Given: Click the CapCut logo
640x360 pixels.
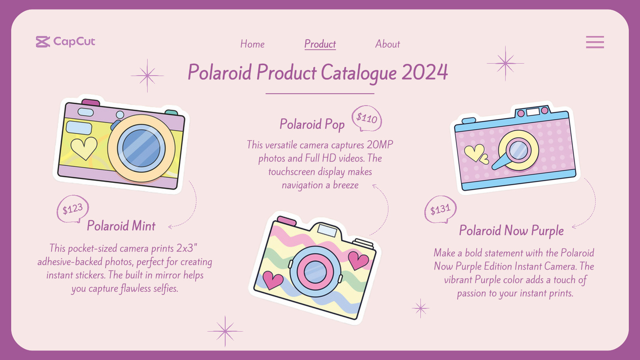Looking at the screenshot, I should (66, 42).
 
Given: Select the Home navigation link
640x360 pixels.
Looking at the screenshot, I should (252, 44).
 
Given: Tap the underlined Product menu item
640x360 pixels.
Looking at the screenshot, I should (320, 44).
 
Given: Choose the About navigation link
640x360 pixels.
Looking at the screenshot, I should (387, 44).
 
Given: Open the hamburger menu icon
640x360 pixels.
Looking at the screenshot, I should (595, 42).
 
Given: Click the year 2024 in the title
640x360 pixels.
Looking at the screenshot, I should (424, 73).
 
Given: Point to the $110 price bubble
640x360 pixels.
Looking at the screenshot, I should (367, 118).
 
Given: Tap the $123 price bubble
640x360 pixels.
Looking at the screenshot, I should (72, 209).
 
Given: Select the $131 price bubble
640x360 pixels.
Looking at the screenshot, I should (440, 210).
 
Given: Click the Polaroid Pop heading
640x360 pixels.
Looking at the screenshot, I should (312, 124).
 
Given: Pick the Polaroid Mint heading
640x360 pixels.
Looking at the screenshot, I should (121, 226).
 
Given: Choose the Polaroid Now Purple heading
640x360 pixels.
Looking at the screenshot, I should (511, 231).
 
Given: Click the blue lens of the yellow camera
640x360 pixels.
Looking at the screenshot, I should (141, 148).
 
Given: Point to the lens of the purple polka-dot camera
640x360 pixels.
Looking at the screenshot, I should (518, 150).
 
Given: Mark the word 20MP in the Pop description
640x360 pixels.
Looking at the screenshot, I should (380, 145).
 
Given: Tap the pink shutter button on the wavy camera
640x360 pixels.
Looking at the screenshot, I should (287, 220).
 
